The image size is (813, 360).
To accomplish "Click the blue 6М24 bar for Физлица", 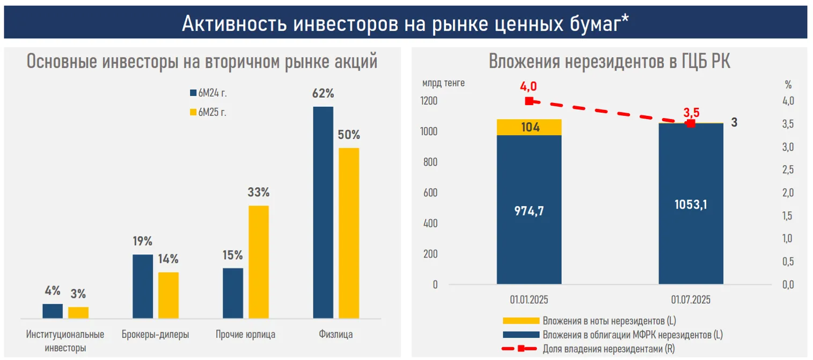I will [323, 212].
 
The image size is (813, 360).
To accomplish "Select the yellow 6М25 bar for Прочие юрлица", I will [259, 262].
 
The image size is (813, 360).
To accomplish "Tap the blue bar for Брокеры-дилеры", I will [142, 286].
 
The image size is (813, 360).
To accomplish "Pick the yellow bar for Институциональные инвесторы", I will [78, 313].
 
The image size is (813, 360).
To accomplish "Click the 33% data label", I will [258, 192].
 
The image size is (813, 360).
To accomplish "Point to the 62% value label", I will [323, 93].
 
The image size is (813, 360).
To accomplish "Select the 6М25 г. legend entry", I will [212, 113].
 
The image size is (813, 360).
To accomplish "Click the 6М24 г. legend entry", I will [212, 93].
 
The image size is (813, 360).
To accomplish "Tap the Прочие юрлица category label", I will [245, 335].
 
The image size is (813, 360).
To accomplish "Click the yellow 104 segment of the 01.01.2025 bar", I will [529, 127].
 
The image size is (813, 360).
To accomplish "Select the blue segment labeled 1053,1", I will [691, 204].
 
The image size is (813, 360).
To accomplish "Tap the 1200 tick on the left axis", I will [429, 101].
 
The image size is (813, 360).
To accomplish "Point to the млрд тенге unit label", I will [443, 83].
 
